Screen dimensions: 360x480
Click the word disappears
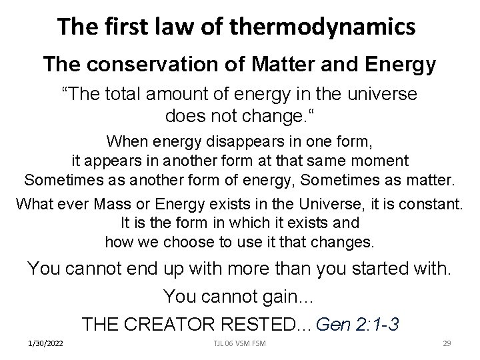223,141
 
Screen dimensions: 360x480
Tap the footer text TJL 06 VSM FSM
241,345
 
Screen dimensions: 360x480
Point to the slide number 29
447,345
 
